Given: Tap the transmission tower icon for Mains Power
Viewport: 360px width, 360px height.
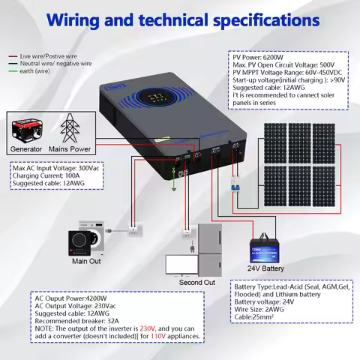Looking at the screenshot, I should point(70,127).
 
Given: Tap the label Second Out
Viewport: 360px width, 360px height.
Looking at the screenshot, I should point(197,282).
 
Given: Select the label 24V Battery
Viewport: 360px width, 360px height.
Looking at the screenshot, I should point(265,268).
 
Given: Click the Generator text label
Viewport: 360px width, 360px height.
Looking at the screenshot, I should point(26,148).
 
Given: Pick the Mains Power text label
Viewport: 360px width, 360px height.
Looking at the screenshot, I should point(72,148).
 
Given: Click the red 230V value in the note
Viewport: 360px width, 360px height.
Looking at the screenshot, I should point(148,328).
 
